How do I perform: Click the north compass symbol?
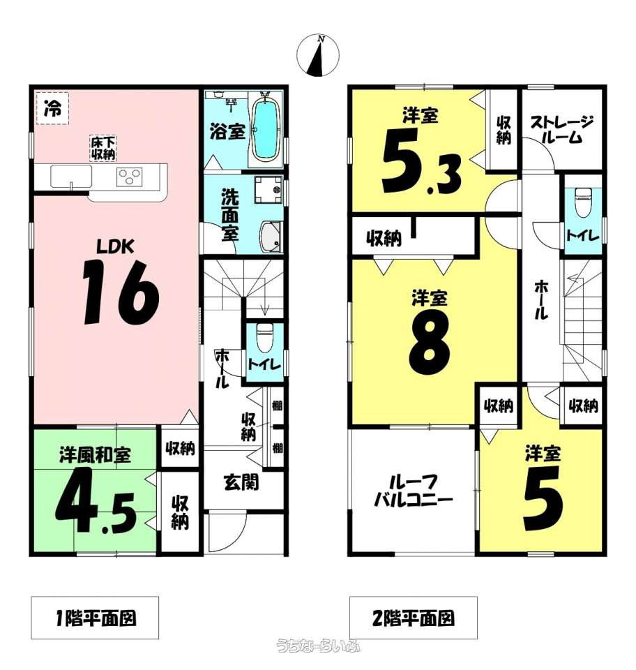tap(318, 56)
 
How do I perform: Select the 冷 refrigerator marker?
tap(52, 109)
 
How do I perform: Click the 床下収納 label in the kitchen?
tap(103, 148)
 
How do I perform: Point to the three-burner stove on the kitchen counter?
tap(130, 177)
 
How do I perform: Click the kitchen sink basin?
tap(71, 177)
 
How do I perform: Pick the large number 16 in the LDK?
tap(121, 292)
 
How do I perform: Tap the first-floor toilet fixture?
tap(264, 336)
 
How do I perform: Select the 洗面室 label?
tap(229, 216)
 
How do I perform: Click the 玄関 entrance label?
tap(241, 483)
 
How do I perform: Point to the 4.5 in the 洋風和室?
tap(96, 500)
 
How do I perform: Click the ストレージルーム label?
tap(561, 129)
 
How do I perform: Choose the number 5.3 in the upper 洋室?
tap(421, 161)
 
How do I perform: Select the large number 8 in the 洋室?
tap(430, 341)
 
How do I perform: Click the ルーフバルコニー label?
tap(413, 491)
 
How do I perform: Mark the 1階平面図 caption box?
tap(95, 618)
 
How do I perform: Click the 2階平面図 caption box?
tap(413, 618)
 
